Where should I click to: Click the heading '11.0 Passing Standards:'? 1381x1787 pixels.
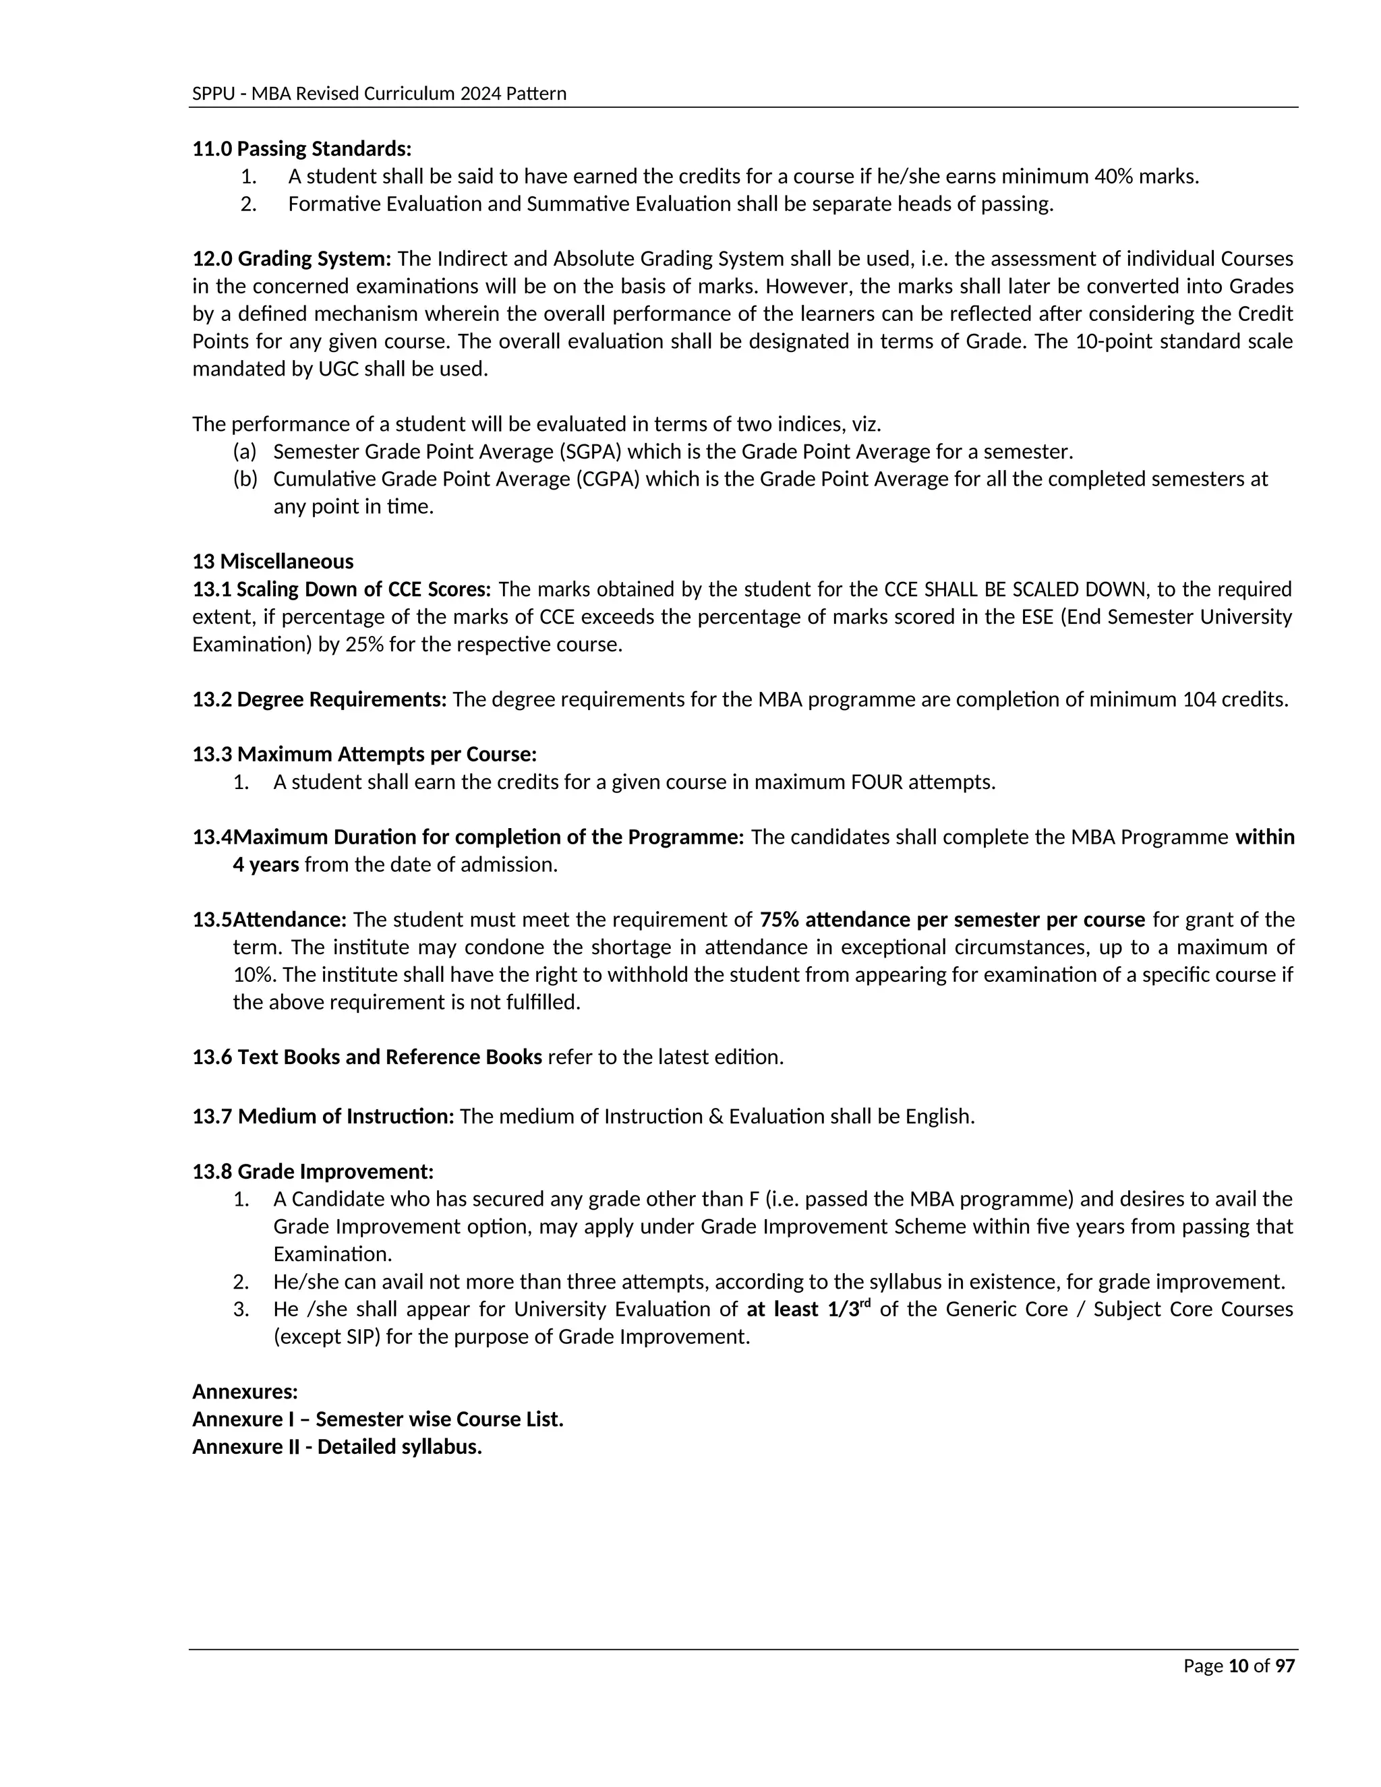301,149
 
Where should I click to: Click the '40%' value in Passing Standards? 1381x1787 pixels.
1113,176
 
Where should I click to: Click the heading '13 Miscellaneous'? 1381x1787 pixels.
272,561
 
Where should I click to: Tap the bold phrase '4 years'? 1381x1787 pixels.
265,865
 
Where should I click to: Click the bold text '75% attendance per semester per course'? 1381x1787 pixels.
951,920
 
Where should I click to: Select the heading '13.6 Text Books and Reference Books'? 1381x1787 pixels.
367,1057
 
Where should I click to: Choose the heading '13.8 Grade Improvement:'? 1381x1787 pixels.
312,1172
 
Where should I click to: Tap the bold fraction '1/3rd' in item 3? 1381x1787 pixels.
848,1309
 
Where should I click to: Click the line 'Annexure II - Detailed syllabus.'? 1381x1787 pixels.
336,1446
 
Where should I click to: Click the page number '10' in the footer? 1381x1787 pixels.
1239,1666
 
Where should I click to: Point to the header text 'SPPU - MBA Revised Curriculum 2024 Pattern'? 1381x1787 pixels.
379,93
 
